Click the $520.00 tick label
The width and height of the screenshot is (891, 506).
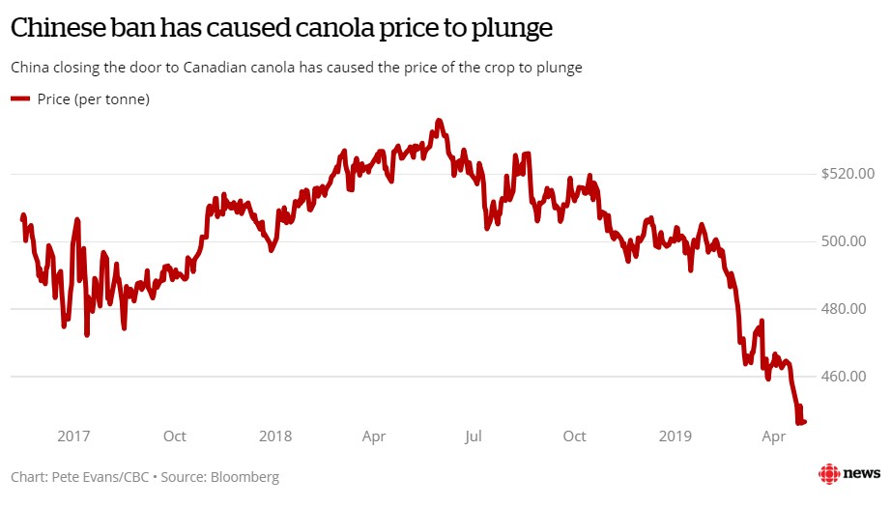pyautogui.click(x=848, y=174)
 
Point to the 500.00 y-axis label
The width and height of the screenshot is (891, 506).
pyautogui.click(x=851, y=241)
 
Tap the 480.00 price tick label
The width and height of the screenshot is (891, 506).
pyautogui.click(x=851, y=309)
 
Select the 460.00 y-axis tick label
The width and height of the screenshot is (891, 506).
pyautogui.click(x=851, y=376)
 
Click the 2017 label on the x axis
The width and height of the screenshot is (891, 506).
pyautogui.click(x=73, y=436)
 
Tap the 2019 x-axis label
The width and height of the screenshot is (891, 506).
pyautogui.click(x=675, y=436)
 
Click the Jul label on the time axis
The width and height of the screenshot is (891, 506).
pyautogui.click(x=474, y=436)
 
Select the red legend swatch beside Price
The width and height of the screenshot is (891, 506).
pyautogui.click(x=20, y=98)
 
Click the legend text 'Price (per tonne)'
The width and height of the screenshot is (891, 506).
pyautogui.click(x=94, y=98)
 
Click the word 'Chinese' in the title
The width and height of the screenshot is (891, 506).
pyautogui.click(x=58, y=28)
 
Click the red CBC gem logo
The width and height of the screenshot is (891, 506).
pyautogui.click(x=829, y=473)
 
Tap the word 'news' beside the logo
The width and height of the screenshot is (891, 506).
pyautogui.click(x=862, y=473)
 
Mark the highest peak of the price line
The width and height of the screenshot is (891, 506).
pyautogui.click(x=439, y=121)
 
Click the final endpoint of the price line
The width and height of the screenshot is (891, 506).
pyautogui.click(x=805, y=421)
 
